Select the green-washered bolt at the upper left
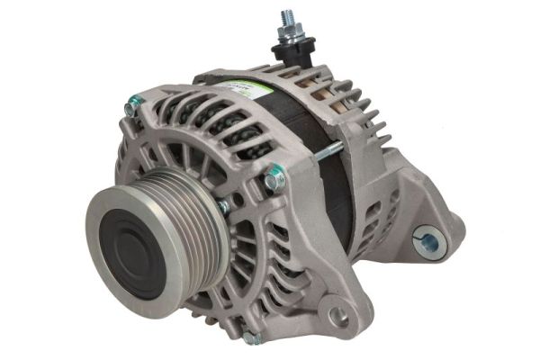132,106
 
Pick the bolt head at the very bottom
253,338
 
